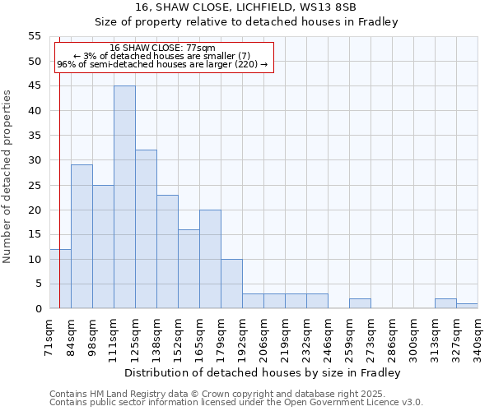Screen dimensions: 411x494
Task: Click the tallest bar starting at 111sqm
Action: point(124,197)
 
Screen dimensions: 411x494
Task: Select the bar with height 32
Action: point(146,229)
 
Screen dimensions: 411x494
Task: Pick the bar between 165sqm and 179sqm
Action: point(210,259)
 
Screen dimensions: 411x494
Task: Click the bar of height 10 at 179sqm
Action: point(231,284)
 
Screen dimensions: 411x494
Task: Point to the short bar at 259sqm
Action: point(360,303)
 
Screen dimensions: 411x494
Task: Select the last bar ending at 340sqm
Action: point(467,306)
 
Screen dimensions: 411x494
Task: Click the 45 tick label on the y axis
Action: point(35,85)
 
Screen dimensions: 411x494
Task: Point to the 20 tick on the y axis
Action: point(35,210)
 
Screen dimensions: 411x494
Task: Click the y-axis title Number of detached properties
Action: point(8,177)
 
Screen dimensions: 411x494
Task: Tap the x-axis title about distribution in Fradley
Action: point(263,373)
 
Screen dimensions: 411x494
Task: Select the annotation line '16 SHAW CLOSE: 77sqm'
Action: point(162,48)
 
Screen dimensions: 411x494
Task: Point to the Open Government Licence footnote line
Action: point(236,402)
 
